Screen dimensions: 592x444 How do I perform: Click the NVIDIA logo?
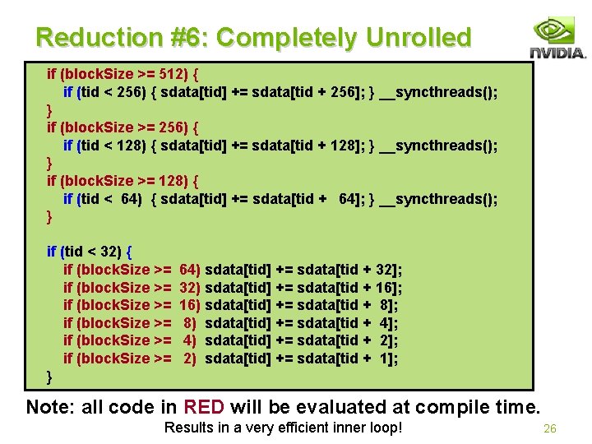pyautogui.click(x=557, y=39)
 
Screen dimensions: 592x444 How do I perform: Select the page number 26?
pyautogui.click(x=550, y=428)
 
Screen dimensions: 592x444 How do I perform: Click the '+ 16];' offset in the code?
pyautogui.click(x=382, y=288)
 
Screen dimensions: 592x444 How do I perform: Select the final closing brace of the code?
pyautogui.click(x=50, y=376)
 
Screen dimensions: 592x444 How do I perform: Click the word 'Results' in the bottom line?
pyautogui.click(x=187, y=428)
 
